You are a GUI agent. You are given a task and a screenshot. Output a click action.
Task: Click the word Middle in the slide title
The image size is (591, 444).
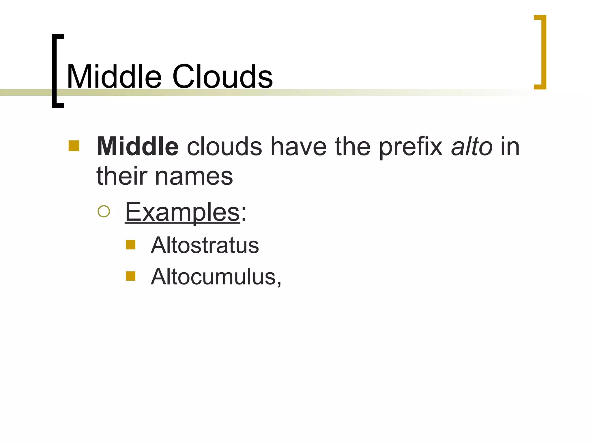coord(114,77)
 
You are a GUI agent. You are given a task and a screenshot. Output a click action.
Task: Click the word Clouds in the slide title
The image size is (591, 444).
coord(222,77)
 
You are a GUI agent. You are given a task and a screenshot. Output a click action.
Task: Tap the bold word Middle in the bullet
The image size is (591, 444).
coord(138,147)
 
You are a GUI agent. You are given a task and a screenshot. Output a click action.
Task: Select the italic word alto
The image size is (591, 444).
coord(472,147)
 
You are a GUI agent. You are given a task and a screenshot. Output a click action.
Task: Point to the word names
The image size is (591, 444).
coord(194,176)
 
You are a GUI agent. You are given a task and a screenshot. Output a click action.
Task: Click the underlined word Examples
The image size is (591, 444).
coord(182,212)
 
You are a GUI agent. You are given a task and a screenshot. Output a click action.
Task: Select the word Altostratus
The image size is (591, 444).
coord(205,245)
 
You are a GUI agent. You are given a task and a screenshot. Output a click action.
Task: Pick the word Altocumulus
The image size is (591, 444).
coord(214,277)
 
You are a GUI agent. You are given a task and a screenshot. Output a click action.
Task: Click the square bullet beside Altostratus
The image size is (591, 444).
coord(131,245)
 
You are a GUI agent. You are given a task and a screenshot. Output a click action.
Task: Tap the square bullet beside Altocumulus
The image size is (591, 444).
coord(131,276)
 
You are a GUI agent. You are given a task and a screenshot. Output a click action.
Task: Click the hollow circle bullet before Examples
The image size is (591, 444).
coord(104,211)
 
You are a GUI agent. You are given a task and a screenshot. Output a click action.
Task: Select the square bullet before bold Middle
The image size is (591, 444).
coord(74,146)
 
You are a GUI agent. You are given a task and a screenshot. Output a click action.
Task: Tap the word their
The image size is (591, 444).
coord(122,176)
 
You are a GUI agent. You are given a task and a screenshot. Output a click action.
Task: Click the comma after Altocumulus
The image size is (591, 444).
coord(279,284)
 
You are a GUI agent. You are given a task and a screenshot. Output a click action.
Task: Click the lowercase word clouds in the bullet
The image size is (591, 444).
coord(225,147)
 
